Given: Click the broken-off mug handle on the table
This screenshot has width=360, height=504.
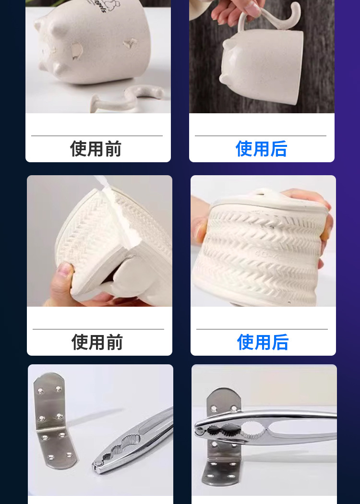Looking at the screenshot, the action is pos(129,98).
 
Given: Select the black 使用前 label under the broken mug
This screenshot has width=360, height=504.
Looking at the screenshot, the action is pos(96,148).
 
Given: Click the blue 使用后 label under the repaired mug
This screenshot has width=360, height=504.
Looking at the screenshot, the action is pos(261,148).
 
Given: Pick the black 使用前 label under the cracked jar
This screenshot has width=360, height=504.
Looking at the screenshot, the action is pos(97,342).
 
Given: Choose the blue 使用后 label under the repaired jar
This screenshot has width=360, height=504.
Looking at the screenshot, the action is pos(263,342).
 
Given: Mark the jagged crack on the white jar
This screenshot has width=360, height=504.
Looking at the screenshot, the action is pos(124,218).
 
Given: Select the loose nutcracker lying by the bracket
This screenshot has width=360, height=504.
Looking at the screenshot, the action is pos(132,440).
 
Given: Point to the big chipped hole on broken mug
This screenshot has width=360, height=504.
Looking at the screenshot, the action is pos(76,51).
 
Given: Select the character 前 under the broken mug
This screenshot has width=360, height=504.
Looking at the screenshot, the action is pos(113,148).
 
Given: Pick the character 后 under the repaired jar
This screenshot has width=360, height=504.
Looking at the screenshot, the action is pos(280,342).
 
